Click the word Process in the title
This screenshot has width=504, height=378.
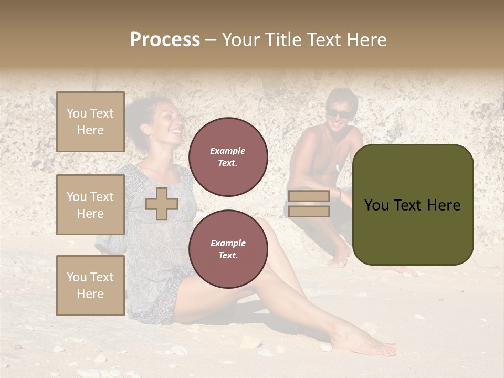click(165, 40)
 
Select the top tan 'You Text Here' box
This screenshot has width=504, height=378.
click(90, 122)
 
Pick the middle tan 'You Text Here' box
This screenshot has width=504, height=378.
click(90, 205)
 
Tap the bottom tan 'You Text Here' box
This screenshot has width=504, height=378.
click(90, 285)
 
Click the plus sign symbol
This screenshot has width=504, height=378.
click(162, 204)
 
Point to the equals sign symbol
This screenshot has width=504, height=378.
click(309, 204)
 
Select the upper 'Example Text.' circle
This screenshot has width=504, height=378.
click(228, 157)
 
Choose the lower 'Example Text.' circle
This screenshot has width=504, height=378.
click(228, 249)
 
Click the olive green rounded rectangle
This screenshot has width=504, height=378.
click(413, 204)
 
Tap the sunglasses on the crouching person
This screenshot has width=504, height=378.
click(338, 114)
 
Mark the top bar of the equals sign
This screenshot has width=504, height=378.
click(309, 196)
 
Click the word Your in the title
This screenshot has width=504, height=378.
click(241, 40)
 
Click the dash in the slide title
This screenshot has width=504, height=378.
click(211, 40)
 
